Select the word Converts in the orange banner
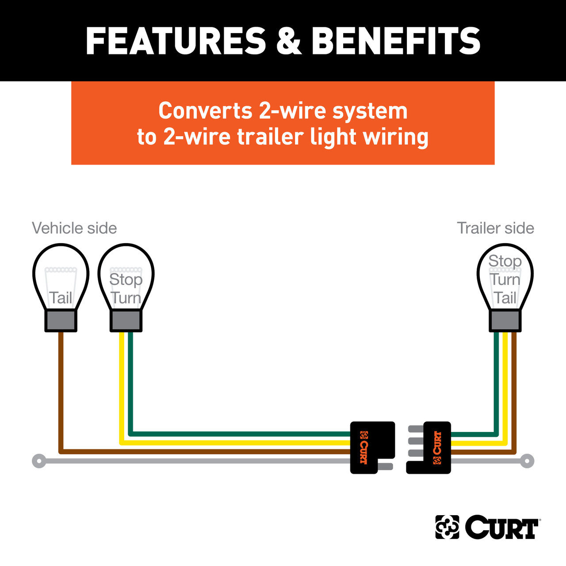click(x=205, y=111)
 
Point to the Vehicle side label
click(x=74, y=228)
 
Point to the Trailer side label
click(x=495, y=228)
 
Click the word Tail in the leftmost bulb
click(x=61, y=298)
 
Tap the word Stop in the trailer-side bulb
click(x=505, y=261)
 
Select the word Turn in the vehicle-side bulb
click(x=126, y=298)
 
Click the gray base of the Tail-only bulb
click(x=61, y=321)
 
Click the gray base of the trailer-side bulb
click(x=505, y=321)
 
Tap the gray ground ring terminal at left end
click(x=39, y=461)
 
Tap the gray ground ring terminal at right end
click(x=527, y=461)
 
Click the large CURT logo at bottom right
click(x=487, y=527)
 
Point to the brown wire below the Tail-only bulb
click(x=61, y=389)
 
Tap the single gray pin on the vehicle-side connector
click(x=385, y=467)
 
